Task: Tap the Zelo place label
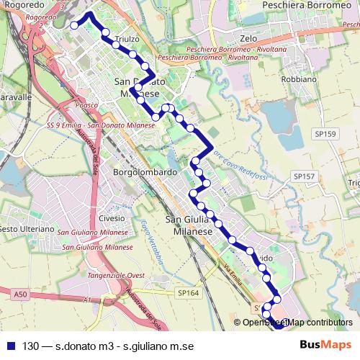[249, 36]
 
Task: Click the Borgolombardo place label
[145, 174]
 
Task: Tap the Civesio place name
[112, 217]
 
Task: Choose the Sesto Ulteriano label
[27, 229]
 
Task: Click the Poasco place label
[85, 104]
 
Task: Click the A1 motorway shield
[87, 300]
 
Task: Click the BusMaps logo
[326, 345]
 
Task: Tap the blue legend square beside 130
[10, 346]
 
